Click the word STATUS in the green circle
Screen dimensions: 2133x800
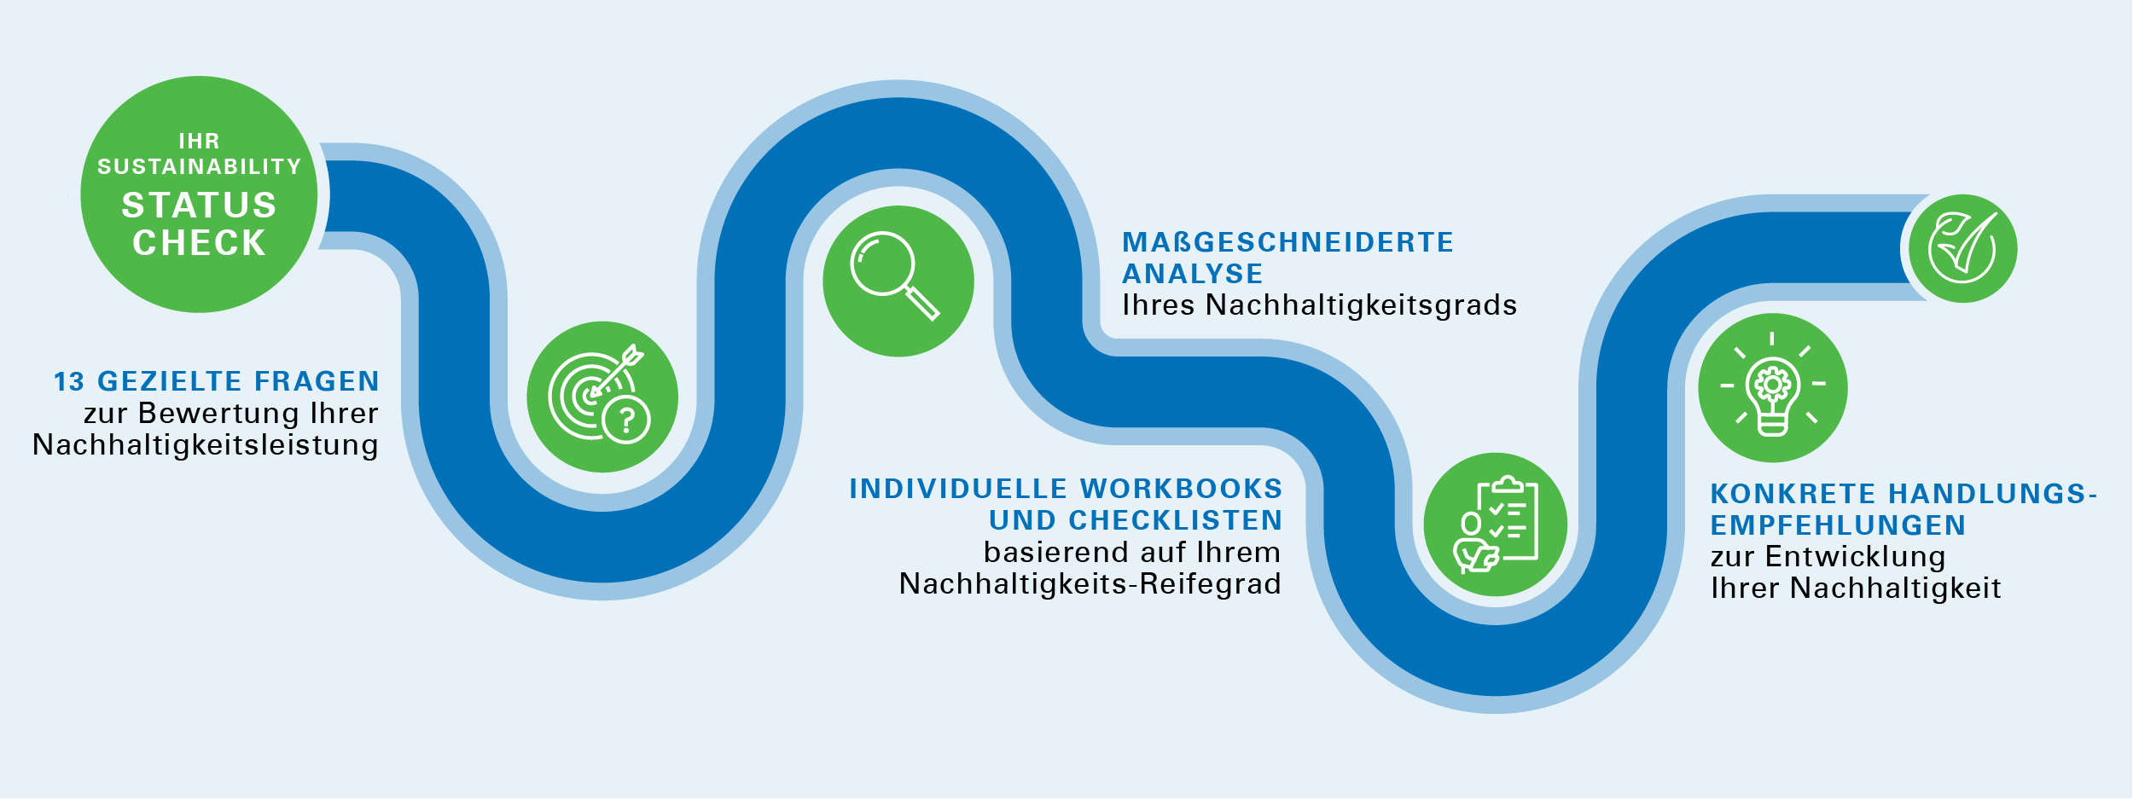(x=199, y=206)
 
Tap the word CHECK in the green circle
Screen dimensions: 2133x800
(x=199, y=243)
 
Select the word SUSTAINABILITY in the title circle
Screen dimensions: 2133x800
(x=199, y=166)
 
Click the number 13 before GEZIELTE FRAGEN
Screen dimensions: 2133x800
(x=69, y=382)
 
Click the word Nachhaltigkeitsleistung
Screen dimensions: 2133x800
(x=206, y=446)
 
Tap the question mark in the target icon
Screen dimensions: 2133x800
(x=627, y=420)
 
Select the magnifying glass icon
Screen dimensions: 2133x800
(x=895, y=275)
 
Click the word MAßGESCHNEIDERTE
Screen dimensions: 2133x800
(x=1287, y=242)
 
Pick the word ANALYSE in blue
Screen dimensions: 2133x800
(x=1192, y=274)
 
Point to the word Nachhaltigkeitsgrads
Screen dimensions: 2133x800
(x=1362, y=305)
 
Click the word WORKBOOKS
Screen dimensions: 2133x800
(x=1182, y=489)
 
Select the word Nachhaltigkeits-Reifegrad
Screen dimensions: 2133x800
(x=1090, y=584)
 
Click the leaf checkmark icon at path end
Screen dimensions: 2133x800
(x=1962, y=248)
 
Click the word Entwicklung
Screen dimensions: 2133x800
(x=1856, y=557)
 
